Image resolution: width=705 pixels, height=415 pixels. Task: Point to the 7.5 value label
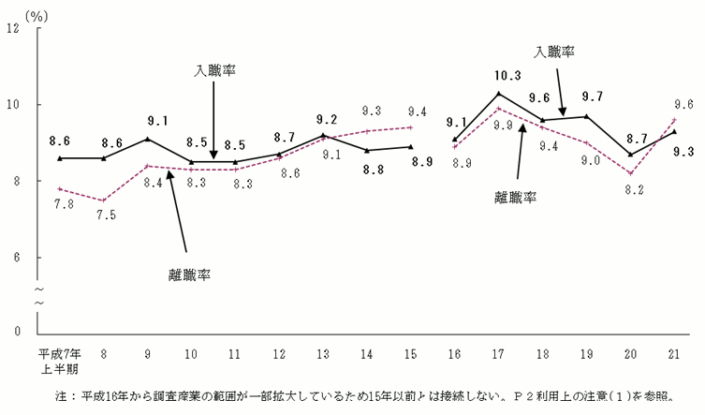point(103,214)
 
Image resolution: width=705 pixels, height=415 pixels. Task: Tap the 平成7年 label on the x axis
point(58,354)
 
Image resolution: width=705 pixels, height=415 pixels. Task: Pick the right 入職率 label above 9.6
point(554,52)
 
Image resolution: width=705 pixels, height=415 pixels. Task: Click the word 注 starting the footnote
point(62,395)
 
